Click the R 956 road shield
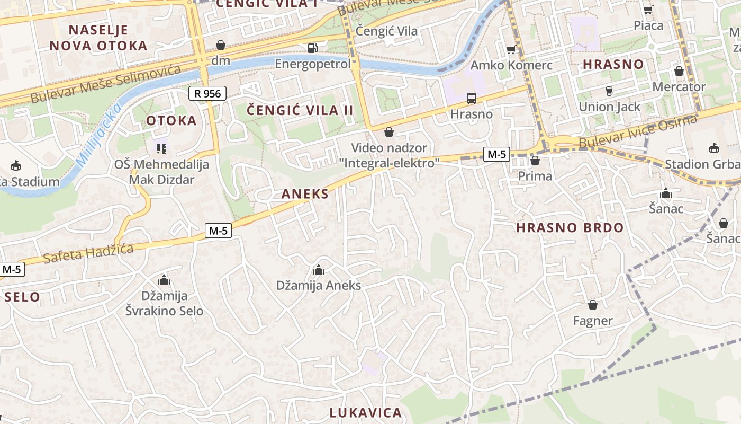point(207,94)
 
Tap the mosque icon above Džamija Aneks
point(318,270)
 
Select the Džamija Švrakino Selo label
point(164,303)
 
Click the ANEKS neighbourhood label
point(305,194)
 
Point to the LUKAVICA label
point(366,413)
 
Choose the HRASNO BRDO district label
point(570,228)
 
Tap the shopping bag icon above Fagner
point(593,305)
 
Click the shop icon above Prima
point(535,161)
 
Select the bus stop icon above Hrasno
point(471,99)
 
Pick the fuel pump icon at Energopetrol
point(313,48)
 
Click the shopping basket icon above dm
point(221,45)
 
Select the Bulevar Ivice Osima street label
point(638,132)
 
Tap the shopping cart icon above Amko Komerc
point(511,50)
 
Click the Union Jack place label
point(609,107)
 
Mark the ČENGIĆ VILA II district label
point(300,111)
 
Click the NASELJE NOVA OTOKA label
point(98,37)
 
